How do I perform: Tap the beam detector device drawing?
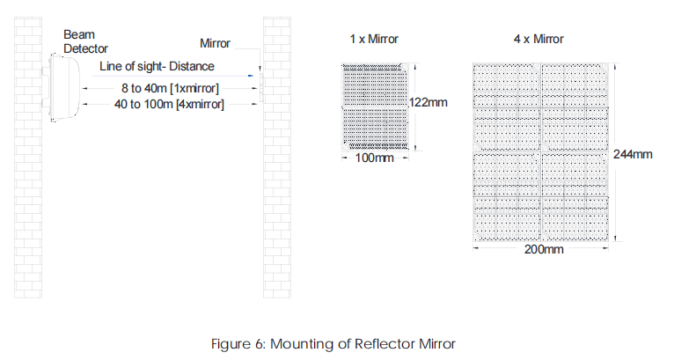62,88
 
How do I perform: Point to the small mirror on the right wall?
261,77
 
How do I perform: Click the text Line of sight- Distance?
157,66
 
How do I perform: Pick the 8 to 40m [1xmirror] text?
171,88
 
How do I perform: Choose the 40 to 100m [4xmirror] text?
171,105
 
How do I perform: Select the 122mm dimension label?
429,104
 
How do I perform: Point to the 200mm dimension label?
542,249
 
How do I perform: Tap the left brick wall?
29,158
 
